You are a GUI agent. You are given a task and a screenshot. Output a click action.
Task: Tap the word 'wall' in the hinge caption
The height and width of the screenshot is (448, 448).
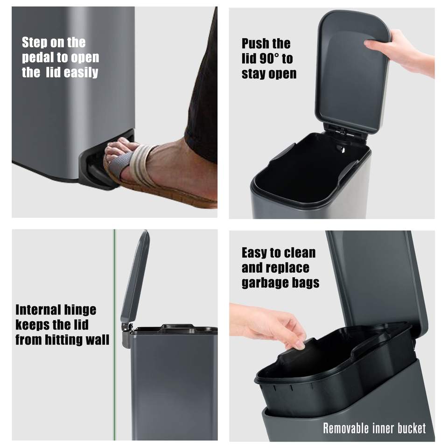point(98,340)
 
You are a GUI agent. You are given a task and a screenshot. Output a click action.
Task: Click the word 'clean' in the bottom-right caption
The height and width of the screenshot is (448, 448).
point(300,253)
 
